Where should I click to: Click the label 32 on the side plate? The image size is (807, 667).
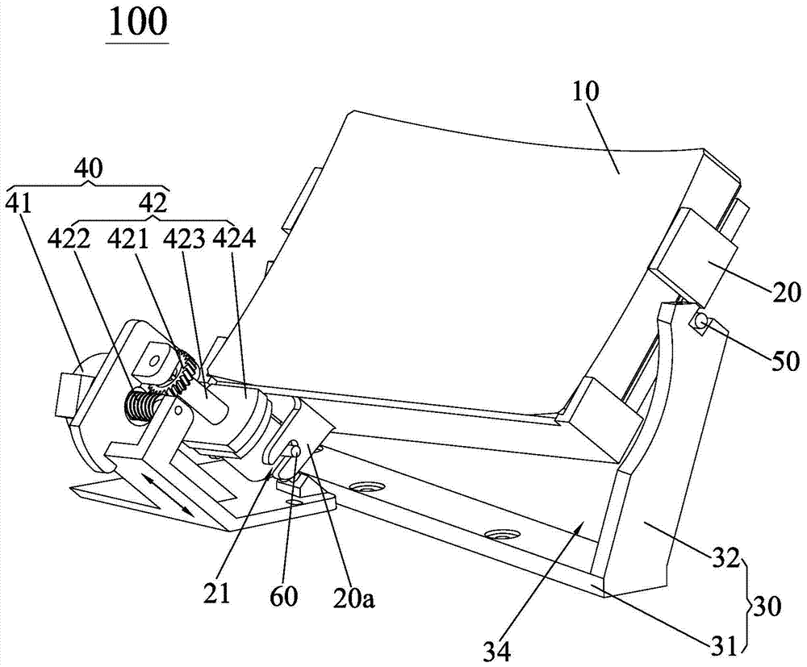pos(717,557)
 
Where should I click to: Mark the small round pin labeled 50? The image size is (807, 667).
pos(699,323)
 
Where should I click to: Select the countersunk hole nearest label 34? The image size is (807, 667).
pos(499,534)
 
